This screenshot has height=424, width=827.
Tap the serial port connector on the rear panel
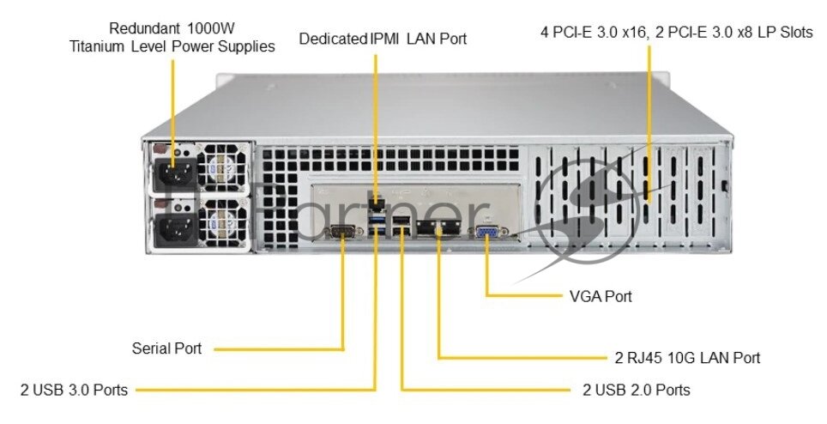(x=342, y=231)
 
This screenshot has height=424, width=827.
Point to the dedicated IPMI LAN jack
(x=376, y=204)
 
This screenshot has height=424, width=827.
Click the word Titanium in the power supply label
(x=98, y=46)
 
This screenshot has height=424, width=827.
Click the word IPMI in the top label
(x=382, y=39)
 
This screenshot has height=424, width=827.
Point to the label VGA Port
(x=601, y=296)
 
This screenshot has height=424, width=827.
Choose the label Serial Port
(x=167, y=348)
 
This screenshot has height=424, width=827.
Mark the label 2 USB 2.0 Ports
(x=636, y=390)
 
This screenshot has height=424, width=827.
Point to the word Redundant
(x=142, y=28)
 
